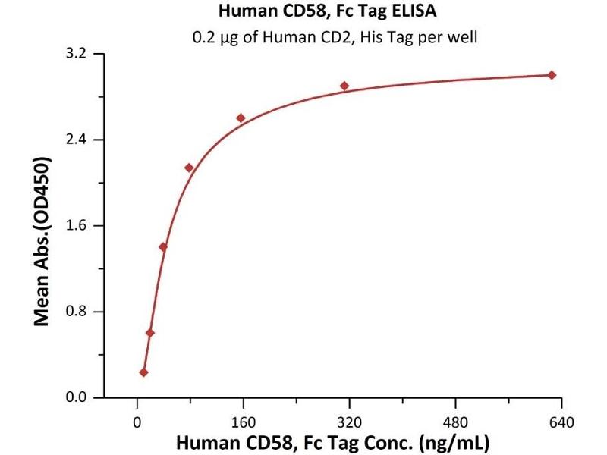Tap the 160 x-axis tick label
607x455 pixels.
point(243,422)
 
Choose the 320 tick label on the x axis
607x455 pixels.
point(349,422)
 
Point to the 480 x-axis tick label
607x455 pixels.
point(455,422)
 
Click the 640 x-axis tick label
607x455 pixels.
point(561,422)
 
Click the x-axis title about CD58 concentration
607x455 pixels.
point(333,443)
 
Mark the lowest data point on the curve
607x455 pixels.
point(144,372)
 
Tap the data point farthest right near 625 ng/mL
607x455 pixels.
point(552,75)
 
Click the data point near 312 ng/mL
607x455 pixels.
point(344,86)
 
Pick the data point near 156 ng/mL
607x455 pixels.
point(241,118)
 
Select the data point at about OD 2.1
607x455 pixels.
point(189,168)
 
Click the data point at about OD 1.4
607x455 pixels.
point(163,247)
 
